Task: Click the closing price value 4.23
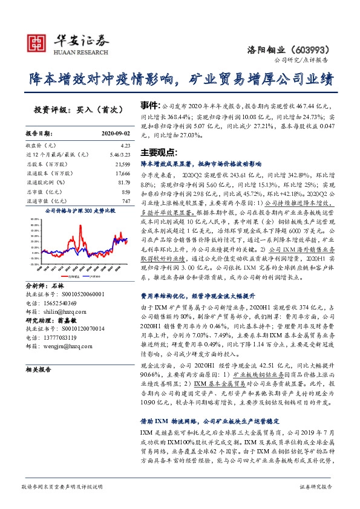pos(125,146)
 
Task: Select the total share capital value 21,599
pos(123,163)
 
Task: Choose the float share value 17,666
pos(123,172)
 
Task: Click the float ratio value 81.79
pos(124,181)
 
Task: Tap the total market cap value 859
pos(126,191)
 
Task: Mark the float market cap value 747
pos(126,200)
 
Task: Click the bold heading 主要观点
pos(158,152)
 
